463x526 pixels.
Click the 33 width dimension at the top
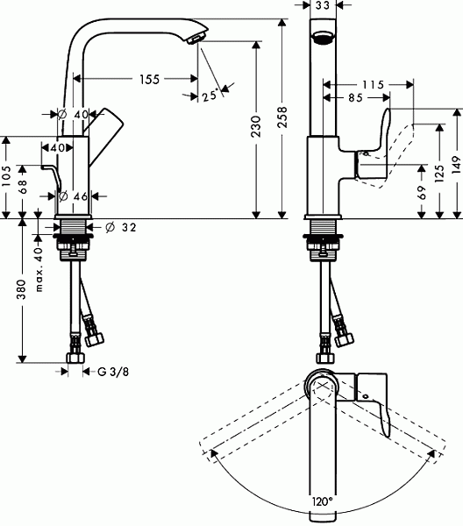click(323, 5)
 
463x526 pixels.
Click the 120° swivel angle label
click(322, 501)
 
